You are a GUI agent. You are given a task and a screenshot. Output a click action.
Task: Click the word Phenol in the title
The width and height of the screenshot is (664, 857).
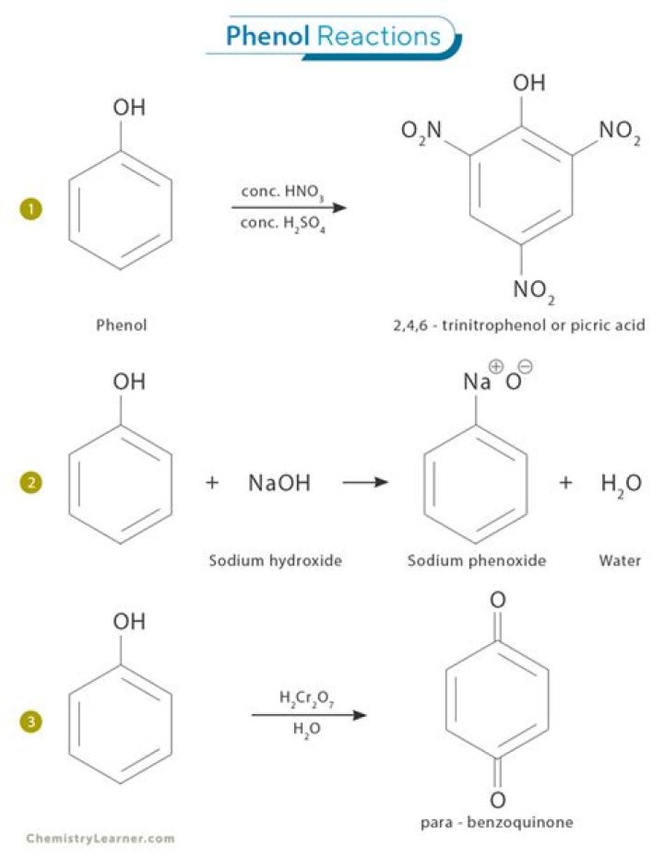click(x=268, y=36)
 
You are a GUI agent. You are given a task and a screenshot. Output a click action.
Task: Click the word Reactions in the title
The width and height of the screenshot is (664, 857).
click(x=379, y=36)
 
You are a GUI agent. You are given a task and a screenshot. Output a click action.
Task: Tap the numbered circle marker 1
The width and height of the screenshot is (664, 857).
click(x=30, y=211)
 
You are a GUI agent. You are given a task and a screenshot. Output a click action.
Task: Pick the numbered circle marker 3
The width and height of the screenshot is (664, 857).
click(x=30, y=722)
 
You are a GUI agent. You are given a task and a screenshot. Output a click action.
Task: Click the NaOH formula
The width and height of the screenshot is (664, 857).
click(x=279, y=482)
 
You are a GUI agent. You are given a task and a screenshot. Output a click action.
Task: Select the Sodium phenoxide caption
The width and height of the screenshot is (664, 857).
click(x=477, y=560)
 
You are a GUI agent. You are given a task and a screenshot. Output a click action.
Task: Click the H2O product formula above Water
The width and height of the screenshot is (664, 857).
click(x=620, y=483)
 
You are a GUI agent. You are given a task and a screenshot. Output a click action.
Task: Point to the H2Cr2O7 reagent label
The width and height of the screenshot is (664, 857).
click(x=306, y=698)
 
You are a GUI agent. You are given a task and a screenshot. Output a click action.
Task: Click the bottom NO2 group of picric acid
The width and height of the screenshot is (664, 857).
click(x=534, y=290)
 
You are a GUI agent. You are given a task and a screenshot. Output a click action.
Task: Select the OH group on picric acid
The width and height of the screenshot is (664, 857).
click(x=528, y=84)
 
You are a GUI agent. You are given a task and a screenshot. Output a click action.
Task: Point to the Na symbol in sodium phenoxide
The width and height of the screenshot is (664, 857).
click(x=476, y=382)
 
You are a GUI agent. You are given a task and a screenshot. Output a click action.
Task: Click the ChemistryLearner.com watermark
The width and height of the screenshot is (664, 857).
click(x=100, y=839)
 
